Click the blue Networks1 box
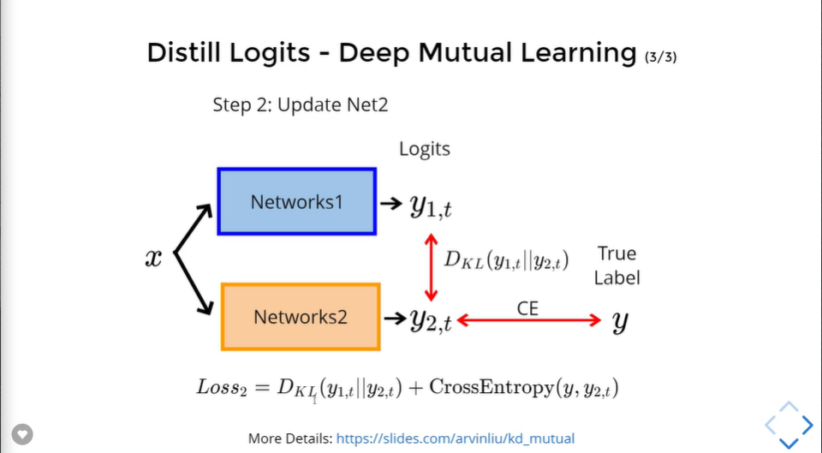coord(296,202)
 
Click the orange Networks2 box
coord(300,317)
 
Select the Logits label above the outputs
coord(425,149)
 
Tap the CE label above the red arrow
coord(528,307)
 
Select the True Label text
coord(616,265)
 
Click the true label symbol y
coord(619,322)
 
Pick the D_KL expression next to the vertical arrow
coord(507,259)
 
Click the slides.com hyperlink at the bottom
coord(455,438)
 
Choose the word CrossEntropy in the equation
coord(483,387)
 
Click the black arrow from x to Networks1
coord(193,229)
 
